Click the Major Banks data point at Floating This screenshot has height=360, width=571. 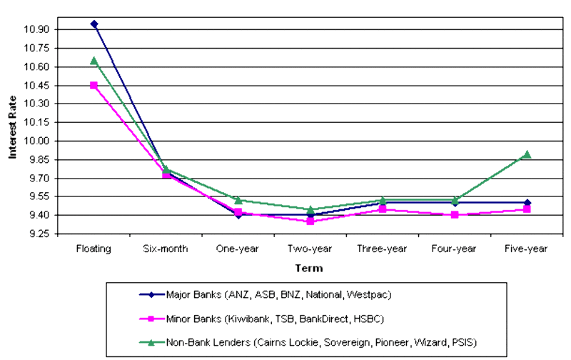pyautogui.click(x=94, y=24)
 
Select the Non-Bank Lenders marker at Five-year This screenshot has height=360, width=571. pyautogui.click(x=527, y=154)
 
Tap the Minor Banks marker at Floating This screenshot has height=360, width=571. pyautogui.click(x=94, y=85)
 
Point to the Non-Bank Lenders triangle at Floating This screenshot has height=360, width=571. pyautogui.click(x=94, y=61)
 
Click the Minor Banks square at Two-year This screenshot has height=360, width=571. pyautogui.click(x=310, y=221)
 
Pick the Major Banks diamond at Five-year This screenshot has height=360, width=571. pyautogui.click(x=527, y=203)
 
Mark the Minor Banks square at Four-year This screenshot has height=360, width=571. pyautogui.click(x=455, y=214)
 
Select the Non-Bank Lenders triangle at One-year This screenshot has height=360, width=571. pyautogui.click(x=238, y=200)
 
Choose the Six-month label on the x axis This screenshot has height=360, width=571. pyautogui.click(x=166, y=249)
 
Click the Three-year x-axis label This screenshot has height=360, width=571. pyautogui.click(x=383, y=249)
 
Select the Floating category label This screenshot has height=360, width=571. pyautogui.click(x=94, y=249)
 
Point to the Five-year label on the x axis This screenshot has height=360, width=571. pyautogui.click(x=527, y=249)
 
